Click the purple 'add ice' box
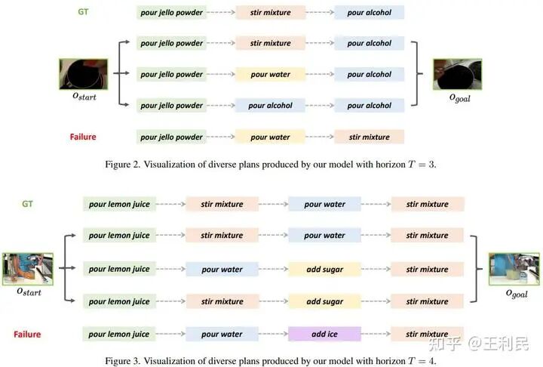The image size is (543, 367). (x=324, y=334)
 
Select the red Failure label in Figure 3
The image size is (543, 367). (x=26, y=334)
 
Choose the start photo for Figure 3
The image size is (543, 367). (x=28, y=269)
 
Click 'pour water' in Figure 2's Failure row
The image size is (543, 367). (x=269, y=137)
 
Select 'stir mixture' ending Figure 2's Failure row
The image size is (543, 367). (x=369, y=137)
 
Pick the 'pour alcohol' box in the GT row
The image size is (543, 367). (x=369, y=12)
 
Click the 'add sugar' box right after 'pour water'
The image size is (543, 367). (x=324, y=270)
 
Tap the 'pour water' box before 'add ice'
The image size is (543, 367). (x=222, y=334)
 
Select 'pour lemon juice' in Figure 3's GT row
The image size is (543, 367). (x=119, y=204)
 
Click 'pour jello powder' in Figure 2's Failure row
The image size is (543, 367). (x=171, y=137)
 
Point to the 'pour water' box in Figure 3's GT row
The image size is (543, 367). (x=324, y=204)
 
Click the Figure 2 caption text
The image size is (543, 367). (x=271, y=162)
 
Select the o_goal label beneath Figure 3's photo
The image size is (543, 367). (x=516, y=293)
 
